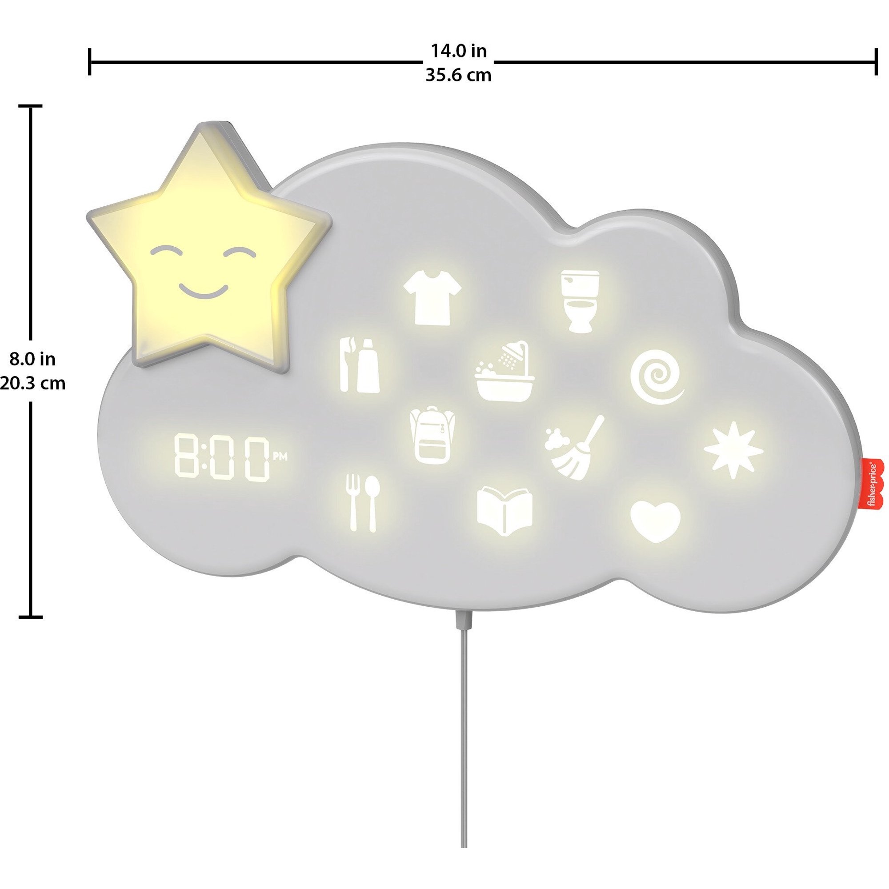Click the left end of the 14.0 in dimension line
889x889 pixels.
[x=90, y=61]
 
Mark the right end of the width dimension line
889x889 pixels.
[x=875, y=61]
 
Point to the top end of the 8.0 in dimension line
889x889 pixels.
[x=30, y=107]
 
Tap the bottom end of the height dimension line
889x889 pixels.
[x=30, y=617]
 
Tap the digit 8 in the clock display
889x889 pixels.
[x=190, y=457]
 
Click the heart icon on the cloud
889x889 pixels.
[x=655, y=521]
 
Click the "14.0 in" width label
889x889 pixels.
[x=458, y=51]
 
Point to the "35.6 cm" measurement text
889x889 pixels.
[x=458, y=75]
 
